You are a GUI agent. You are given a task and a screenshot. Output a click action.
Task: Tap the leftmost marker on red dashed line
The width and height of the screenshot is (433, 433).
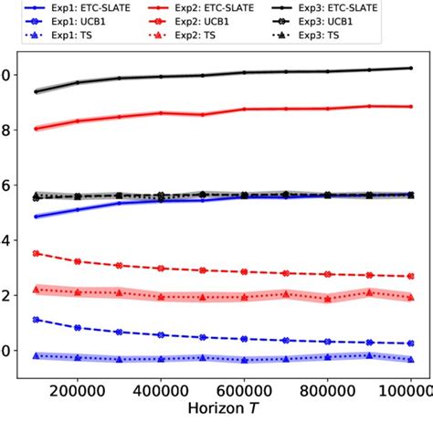[36, 253]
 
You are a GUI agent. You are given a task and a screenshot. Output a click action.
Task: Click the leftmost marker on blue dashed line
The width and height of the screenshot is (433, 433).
[36, 320]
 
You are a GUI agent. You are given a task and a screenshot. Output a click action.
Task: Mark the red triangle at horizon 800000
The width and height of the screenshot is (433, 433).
[327, 299]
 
